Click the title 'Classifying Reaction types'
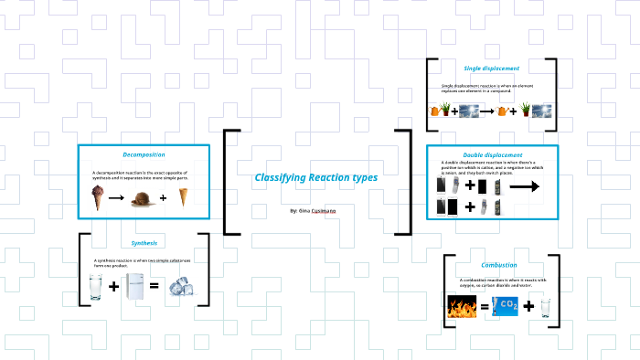(315, 176)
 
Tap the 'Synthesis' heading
(144, 243)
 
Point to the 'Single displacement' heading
(491, 68)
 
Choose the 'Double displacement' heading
(492, 154)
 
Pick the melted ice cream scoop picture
(140, 197)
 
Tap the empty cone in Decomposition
(183, 196)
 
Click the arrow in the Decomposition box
(116, 197)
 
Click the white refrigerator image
(134, 287)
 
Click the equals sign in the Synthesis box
(155, 287)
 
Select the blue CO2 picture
(507, 307)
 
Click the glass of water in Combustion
(545, 307)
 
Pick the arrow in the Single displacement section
(502, 111)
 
